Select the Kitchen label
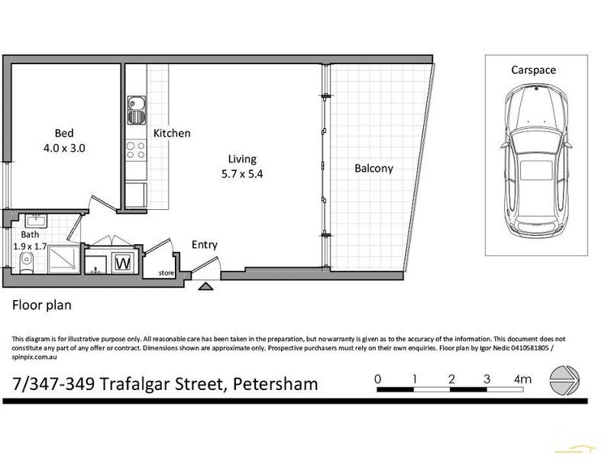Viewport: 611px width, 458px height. [172, 134]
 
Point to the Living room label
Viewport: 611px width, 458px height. [241, 159]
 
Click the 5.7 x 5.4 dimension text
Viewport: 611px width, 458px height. [241, 174]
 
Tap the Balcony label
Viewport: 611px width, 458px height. [373, 169]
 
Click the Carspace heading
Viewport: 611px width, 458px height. [533, 69]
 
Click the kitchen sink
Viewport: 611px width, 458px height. [137, 111]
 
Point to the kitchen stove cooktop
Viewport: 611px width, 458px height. [137, 150]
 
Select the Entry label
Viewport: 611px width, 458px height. [205, 245]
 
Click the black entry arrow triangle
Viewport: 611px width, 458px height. [205, 287]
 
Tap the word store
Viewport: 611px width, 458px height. [166, 272]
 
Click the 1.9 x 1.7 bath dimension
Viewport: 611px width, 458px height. [30, 247]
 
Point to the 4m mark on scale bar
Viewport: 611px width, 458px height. [522, 379]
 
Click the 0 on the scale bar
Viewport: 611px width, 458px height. [377, 379]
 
